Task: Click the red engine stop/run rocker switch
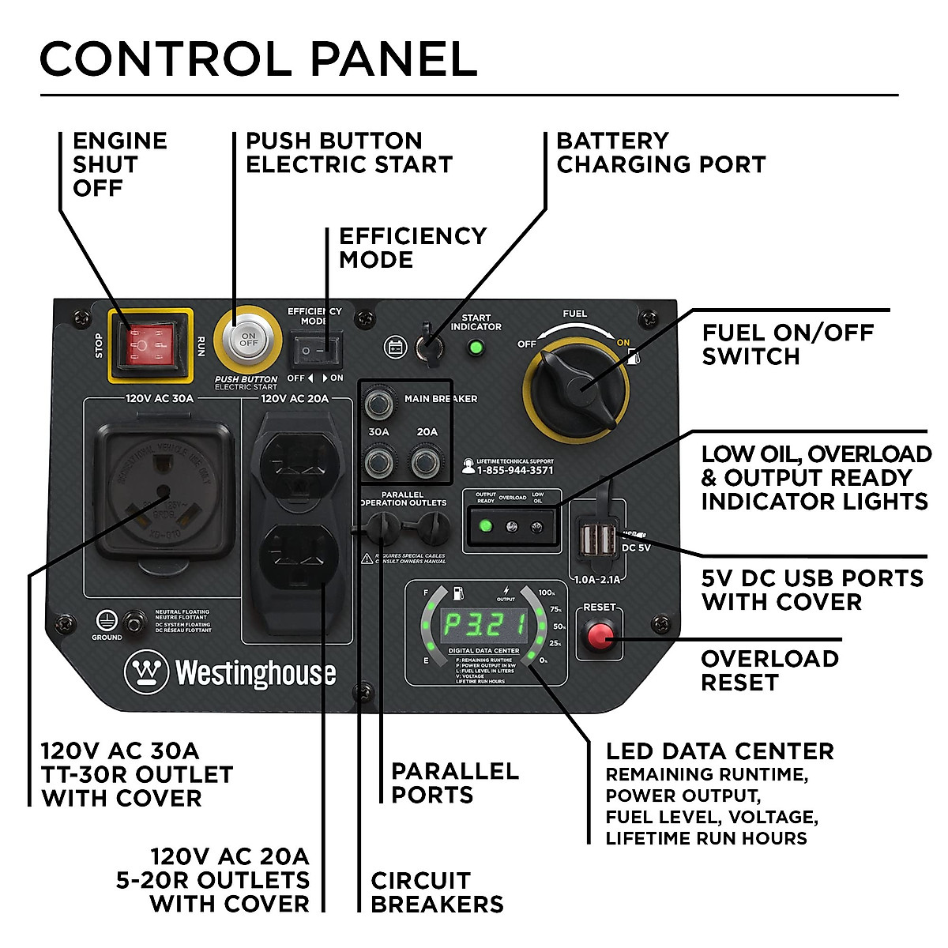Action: click(151, 345)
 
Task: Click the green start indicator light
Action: click(476, 347)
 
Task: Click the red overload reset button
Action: click(600, 634)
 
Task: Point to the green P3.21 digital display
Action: click(483, 625)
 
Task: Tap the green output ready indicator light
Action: click(486, 525)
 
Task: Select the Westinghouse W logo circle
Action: click(146, 672)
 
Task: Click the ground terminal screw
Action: click(139, 623)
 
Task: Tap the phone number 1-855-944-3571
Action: click(514, 471)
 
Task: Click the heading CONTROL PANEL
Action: click(258, 58)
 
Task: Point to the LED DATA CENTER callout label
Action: click(719, 751)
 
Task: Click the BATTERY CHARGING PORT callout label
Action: click(660, 152)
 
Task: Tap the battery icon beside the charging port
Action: click(394, 347)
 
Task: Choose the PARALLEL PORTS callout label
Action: click(454, 782)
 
